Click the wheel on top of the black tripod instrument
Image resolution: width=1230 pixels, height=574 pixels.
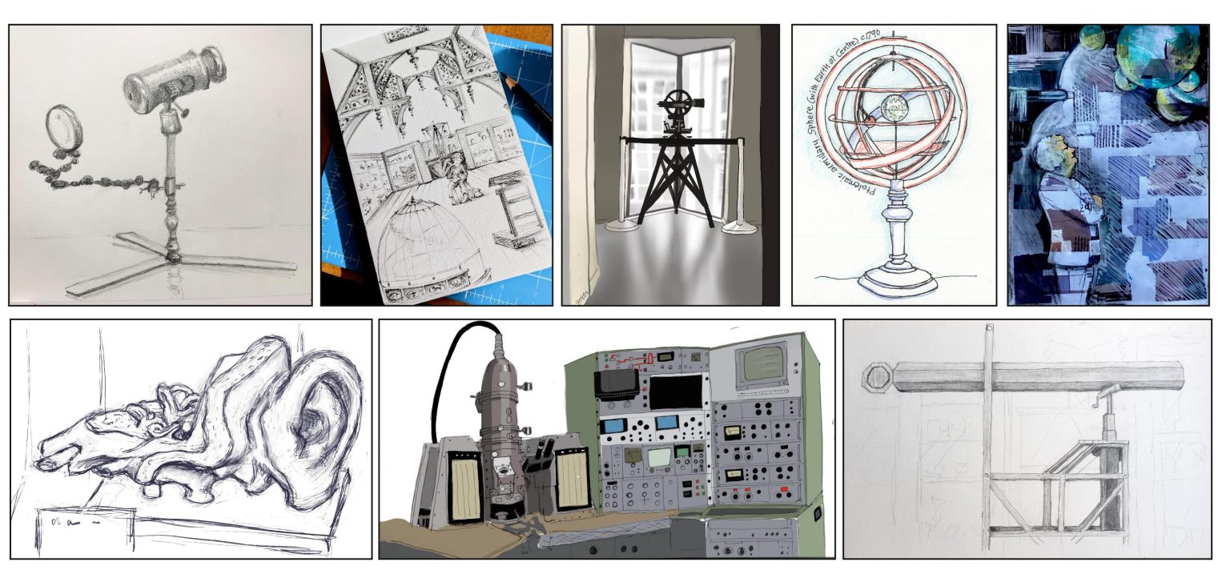click(x=678, y=103)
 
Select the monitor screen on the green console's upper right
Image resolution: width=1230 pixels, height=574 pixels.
click(x=766, y=364)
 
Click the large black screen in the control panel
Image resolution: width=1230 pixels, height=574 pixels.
click(x=674, y=392)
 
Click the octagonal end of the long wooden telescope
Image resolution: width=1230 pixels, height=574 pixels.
click(x=877, y=377)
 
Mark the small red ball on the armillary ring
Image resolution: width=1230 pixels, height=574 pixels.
click(x=864, y=122)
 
